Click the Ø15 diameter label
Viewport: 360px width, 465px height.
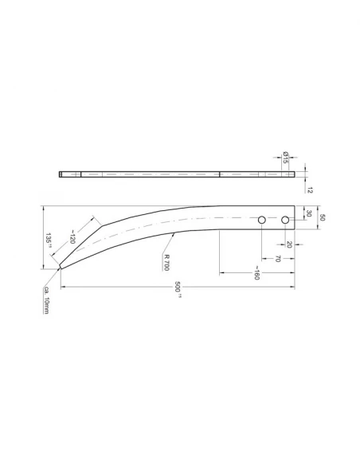click(285, 156)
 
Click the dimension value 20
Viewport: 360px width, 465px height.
click(289, 244)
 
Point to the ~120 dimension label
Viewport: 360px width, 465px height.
click(71, 235)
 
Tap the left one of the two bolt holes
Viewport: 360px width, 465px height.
click(261, 219)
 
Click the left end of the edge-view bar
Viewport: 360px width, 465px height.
click(61, 174)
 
